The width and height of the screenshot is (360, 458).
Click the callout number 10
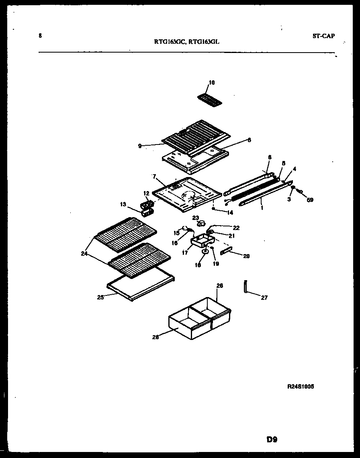pyautogui.click(x=212, y=83)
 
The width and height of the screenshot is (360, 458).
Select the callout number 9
pyautogui.click(x=139, y=147)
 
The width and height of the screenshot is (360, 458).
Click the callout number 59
pyautogui.click(x=310, y=199)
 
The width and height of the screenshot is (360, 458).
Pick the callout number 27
pyautogui.click(x=264, y=297)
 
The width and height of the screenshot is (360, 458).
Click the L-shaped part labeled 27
pyautogui.click(x=245, y=287)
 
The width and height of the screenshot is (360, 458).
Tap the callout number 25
pyautogui.click(x=100, y=297)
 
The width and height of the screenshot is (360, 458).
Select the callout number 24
pyautogui.click(x=84, y=254)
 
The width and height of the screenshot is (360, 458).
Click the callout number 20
pyautogui.click(x=246, y=256)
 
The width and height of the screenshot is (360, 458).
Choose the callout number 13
pyautogui.click(x=124, y=205)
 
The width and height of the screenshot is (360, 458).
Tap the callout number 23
pyautogui.click(x=195, y=218)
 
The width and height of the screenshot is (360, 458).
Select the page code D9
pyautogui.click(x=272, y=440)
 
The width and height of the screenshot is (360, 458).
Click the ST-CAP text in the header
pyautogui.click(x=323, y=36)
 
